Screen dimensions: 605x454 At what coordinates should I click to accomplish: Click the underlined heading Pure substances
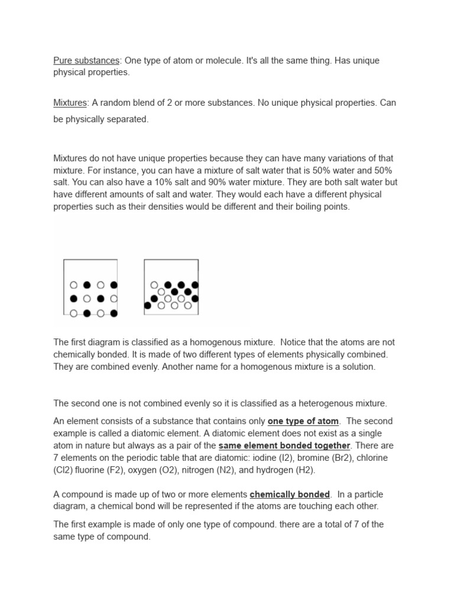click(86, 60)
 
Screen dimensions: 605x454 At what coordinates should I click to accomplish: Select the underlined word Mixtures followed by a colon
click(70, 102)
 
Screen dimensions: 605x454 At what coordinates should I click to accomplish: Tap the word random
click(114, 102)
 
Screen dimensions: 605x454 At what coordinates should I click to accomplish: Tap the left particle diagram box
click(90, 287)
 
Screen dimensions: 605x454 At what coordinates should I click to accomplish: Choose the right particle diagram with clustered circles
click(171, 287)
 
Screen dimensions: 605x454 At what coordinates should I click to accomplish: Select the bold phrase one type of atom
click(303, 421)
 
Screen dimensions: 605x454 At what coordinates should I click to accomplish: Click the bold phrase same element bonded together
click(284, 445)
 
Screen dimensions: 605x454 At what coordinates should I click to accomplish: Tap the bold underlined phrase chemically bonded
click(290, 494)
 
